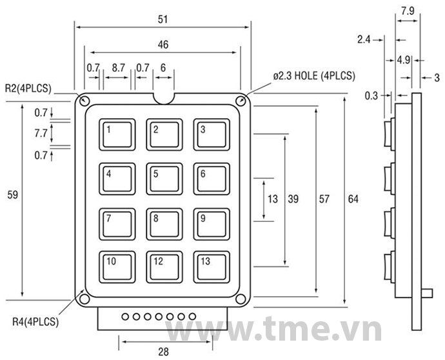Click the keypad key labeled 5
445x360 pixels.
[x=164, y=179]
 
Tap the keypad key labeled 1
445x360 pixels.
[x=117, y=135]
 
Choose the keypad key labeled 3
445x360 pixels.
[x=211, y=135]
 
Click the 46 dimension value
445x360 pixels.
[x=164, y=45]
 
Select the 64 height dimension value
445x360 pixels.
[x=353, y=199]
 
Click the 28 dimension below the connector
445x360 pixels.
[x=164, y=351]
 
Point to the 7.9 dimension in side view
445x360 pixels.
[x=408, y=11]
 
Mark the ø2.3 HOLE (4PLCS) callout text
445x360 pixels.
[x=314, y=75]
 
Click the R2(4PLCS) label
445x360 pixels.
[x=28, y=88]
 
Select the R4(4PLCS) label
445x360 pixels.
[x=35, y=321]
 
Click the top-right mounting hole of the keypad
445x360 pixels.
[x=241, y=101]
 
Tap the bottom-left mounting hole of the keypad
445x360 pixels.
[x=84, y=299]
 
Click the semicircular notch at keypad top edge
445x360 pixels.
[x=164, y=97]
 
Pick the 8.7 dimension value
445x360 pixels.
[x=118, y=67]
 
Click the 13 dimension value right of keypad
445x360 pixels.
[x=273, y=199]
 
